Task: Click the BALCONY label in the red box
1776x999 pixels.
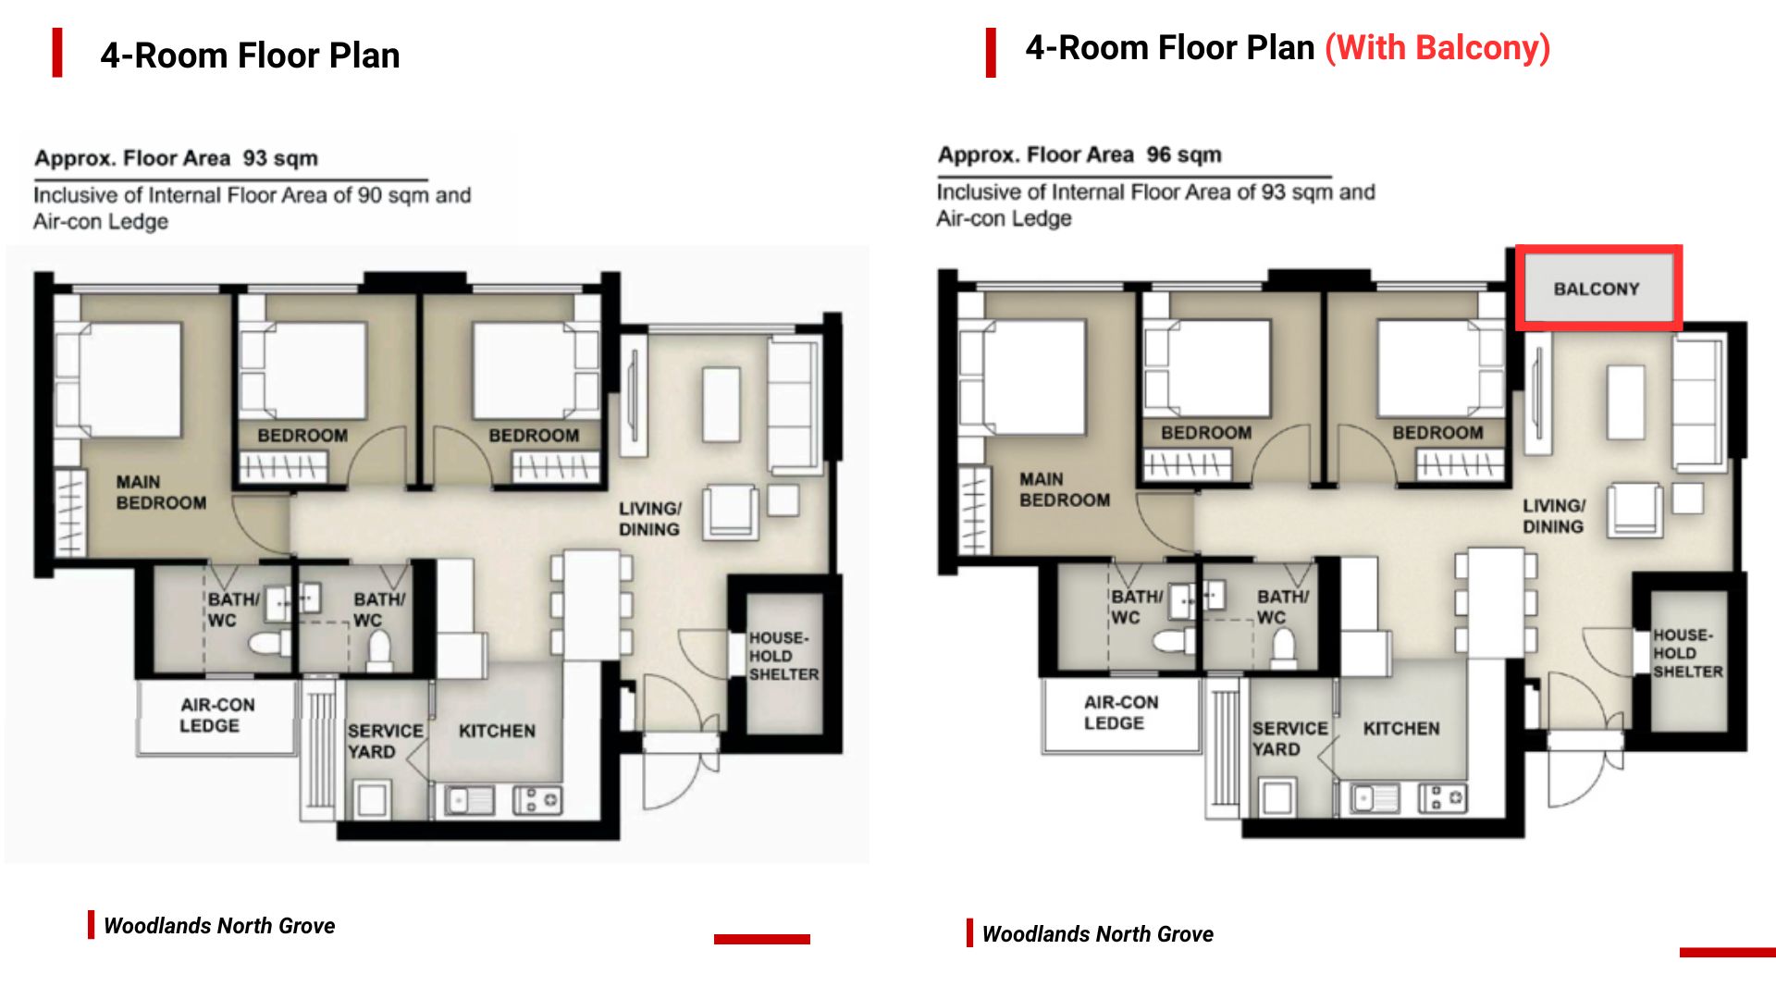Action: point(1596,289)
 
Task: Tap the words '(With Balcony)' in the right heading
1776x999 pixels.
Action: point(1437,48)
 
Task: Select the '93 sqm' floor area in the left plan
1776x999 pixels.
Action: point(280,158)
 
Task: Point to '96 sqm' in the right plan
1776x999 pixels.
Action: point(1184,154)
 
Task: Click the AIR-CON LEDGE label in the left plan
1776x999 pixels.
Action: point(217,715)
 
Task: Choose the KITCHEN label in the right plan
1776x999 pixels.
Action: point(1401,729)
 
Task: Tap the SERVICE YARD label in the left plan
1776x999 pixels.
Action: point(385,741)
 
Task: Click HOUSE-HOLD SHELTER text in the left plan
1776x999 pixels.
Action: point(783,656)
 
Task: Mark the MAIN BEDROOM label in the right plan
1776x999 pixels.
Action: point(1064,489)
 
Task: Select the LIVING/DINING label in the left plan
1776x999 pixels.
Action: point(650,519)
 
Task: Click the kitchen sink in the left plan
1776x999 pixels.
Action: point(470,799)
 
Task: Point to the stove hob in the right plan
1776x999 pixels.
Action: point(1443,796)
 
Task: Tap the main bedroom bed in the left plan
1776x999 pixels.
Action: point(129,379)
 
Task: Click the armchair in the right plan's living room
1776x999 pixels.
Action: point(1634,510)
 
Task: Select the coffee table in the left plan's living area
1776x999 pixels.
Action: point(721,404)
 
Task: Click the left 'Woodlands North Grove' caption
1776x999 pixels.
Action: point(219,926)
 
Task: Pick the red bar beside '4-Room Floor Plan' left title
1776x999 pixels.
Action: point(57,53)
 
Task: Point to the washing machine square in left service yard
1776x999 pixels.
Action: point(371,799)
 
